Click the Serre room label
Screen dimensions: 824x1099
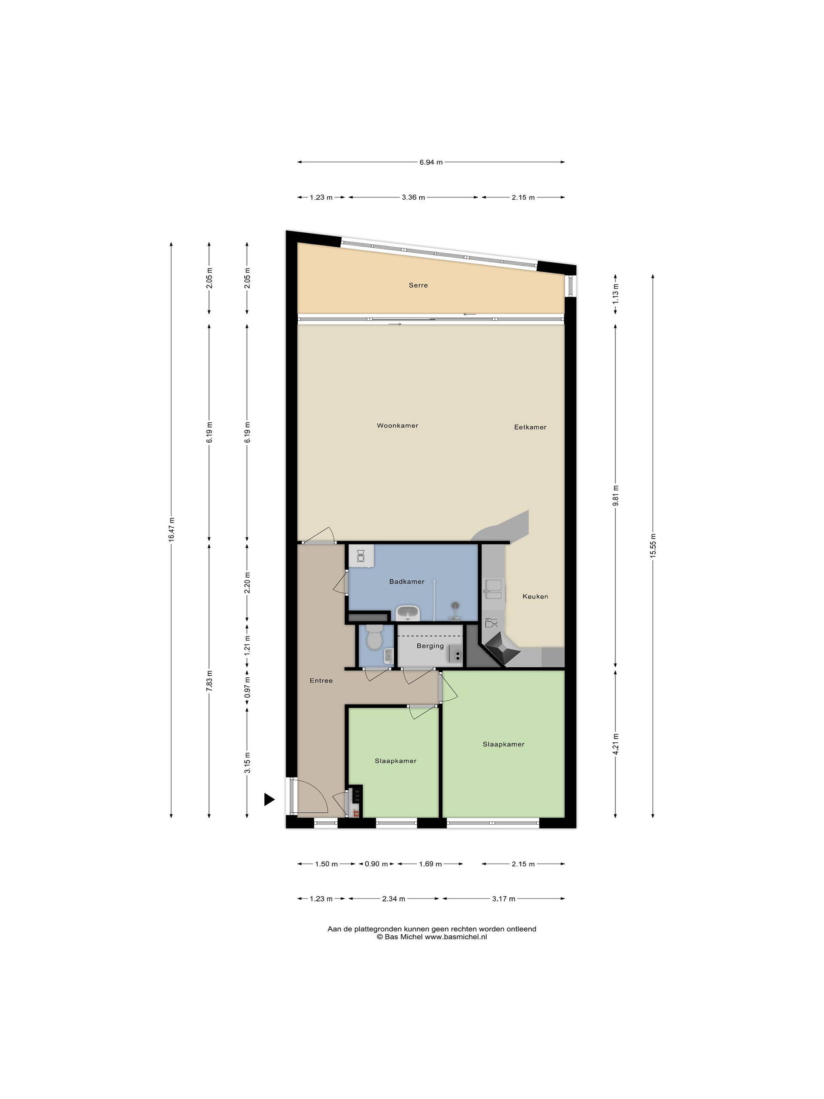(x=418, y=285)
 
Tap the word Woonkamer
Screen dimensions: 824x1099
(x=397, y=425)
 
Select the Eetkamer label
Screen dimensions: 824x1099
(x=530, y=427)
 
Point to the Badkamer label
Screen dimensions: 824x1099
(x=407, y=581)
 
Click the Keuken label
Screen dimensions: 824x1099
(x=535, y=596)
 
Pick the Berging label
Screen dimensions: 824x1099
(x=430, y=646)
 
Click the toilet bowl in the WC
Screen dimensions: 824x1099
(x=373, y=638)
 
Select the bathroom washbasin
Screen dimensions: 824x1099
(x=408, y=613)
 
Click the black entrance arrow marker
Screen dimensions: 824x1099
(x=269, y=799)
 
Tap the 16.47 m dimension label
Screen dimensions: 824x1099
(x=171, y=530)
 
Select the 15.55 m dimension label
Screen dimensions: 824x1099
(x=653, y=546)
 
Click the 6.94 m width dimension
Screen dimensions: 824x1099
(x=430, y=162)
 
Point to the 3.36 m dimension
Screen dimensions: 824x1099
(x=413, y=197)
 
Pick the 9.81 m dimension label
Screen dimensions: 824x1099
(x=615, y=495)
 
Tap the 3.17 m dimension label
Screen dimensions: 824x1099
(x=504, y=898)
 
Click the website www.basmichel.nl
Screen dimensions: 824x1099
(x=455, y=937)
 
